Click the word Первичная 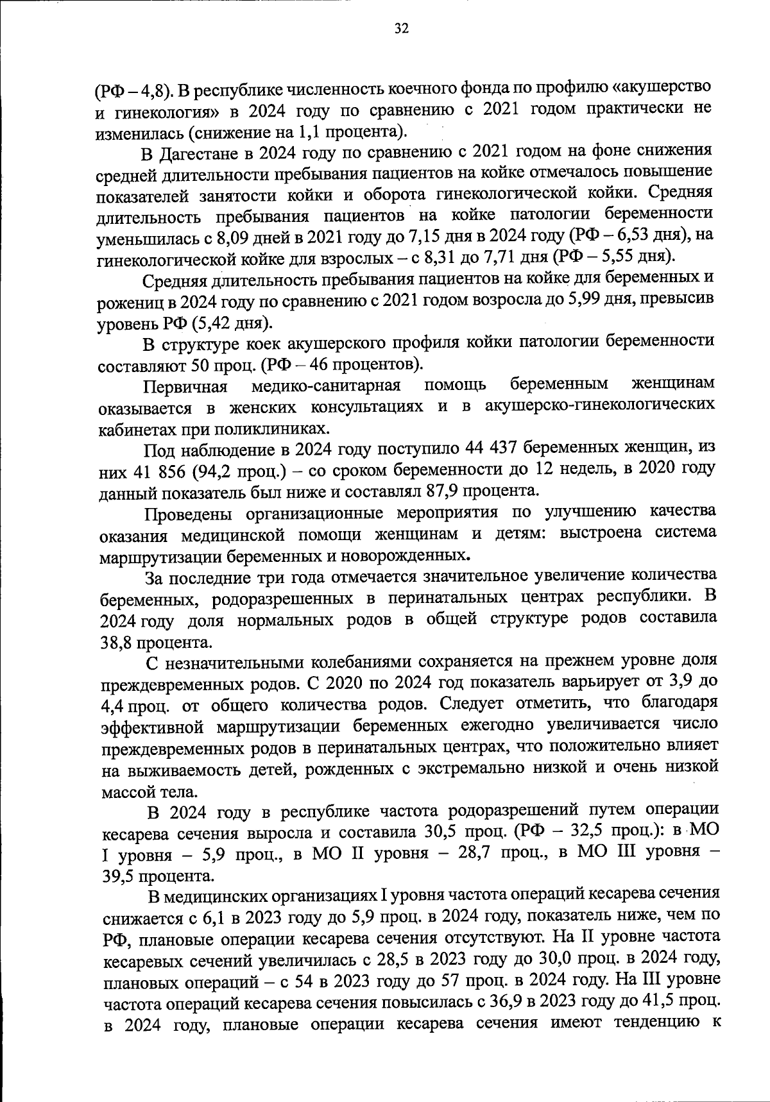pyautogui.click(x=186, y=386)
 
